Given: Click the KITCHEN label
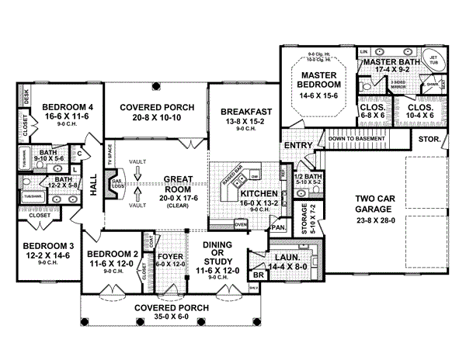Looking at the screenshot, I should [x=255, y=193].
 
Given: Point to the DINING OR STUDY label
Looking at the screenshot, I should [x=217, y=256].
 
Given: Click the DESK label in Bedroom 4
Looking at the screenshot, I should [x=26, y=96].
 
